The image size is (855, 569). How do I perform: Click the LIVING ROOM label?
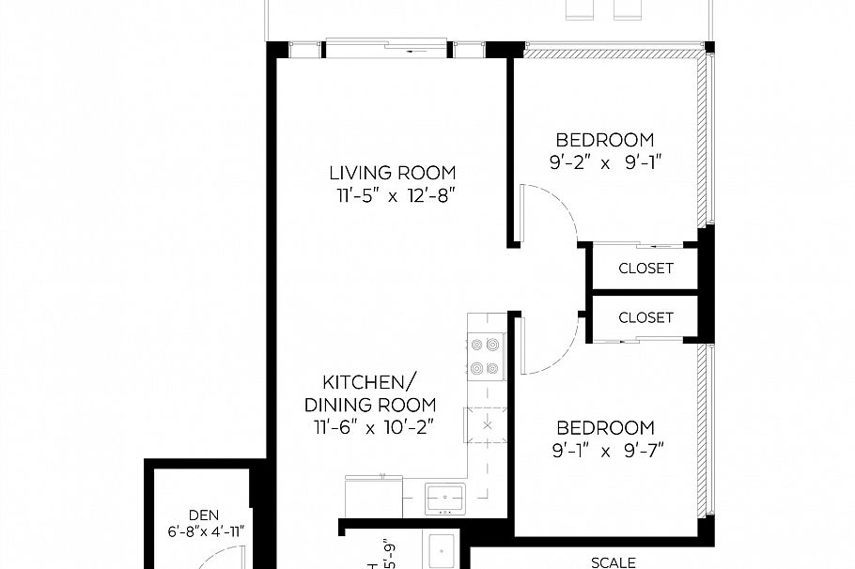[x=392, y=173]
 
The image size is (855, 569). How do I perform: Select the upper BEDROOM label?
[x=604, y=140]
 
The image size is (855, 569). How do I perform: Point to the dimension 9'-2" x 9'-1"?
[x=604, y=161]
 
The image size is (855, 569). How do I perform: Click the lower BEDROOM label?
[x=604, y=426]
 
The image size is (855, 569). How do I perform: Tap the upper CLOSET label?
[x=645, y=269]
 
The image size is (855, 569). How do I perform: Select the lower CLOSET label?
[x=645, y=317]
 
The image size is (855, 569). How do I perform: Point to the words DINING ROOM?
[x=369, y=406]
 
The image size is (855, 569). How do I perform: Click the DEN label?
[x=203, y=515]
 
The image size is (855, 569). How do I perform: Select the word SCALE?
[x=614, y=562]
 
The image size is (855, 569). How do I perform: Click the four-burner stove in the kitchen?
[x=486, y=357]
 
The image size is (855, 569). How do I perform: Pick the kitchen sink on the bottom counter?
[x=443, y=495]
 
